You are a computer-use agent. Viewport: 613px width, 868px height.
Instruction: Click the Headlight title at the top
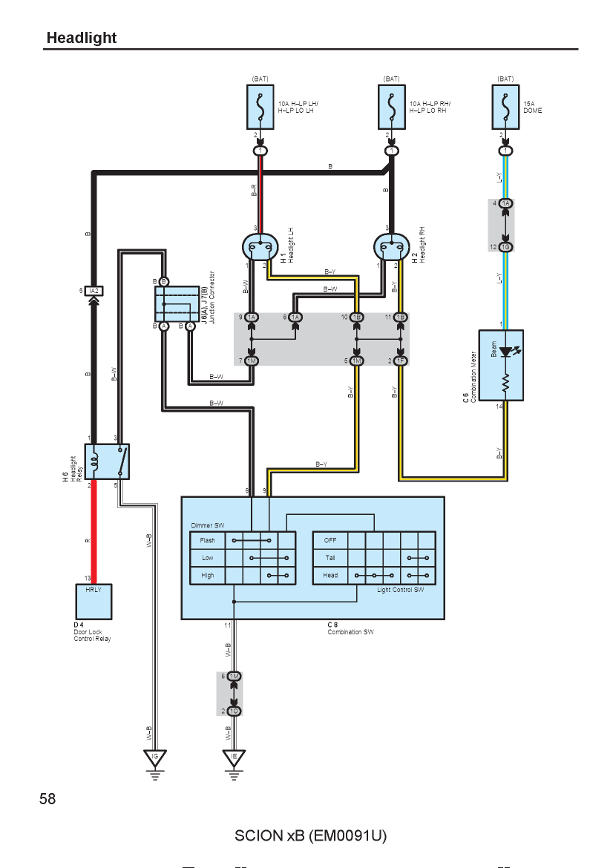(x=82, y=38)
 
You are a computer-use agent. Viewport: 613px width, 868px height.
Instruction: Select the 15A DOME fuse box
(x=505, y=107)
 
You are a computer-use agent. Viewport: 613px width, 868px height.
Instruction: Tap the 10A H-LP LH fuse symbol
(x=260, y=107)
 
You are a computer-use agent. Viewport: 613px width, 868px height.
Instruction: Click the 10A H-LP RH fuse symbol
(x=392, y=107)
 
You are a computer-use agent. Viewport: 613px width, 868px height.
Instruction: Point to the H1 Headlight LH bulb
(x=260, y=247)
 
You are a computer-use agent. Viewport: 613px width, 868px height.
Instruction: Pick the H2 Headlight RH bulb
(x=392, y=247)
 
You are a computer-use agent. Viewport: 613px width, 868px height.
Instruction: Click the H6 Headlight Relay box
(x=107, y=461)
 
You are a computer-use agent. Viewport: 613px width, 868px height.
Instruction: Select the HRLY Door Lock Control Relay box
(x=94, y=602)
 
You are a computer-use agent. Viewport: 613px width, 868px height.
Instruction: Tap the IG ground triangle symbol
(x=155, y=758)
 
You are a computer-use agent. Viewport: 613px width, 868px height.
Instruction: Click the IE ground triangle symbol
(x=234, y=758)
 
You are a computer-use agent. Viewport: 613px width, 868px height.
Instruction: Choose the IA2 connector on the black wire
(x=94, y=291)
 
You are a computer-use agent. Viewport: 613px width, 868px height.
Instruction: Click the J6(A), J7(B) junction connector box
(x=177, y=304)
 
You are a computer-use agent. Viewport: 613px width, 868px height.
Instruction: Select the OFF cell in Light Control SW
(x=330, y=540)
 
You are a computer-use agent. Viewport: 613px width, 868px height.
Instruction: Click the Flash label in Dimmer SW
(x=207, y=540)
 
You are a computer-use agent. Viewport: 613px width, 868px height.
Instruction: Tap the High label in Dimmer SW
(x=208, y=576)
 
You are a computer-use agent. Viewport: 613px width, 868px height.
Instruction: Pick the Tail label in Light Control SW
(x=330, y=558)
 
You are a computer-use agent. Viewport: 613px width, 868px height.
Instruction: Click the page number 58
(x=47, y=799)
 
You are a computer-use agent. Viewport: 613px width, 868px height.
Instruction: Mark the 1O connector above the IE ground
(x=235, y=711)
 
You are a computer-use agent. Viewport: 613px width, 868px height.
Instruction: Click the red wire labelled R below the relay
(x=94, y=531)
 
